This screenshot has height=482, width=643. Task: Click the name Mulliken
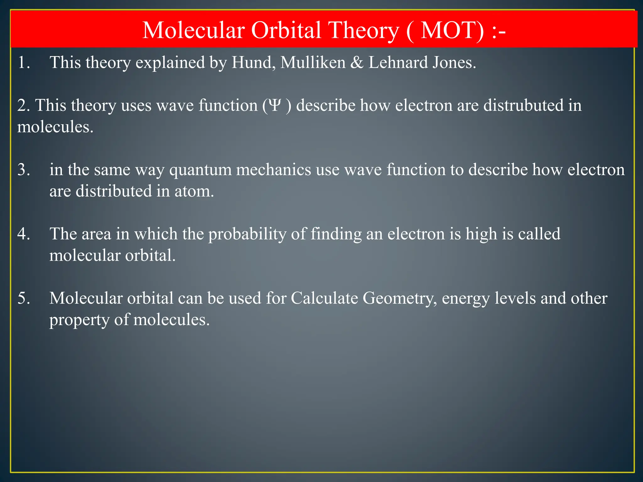point(313,62)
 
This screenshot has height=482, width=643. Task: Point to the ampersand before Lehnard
point(357,62)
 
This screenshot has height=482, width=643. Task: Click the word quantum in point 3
point(200,170)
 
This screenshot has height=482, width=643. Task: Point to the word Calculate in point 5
point(324,298)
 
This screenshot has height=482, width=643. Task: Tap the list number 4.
point(23,234)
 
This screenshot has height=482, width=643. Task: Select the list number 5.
point(23,298)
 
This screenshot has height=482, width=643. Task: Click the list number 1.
point(23,62)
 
